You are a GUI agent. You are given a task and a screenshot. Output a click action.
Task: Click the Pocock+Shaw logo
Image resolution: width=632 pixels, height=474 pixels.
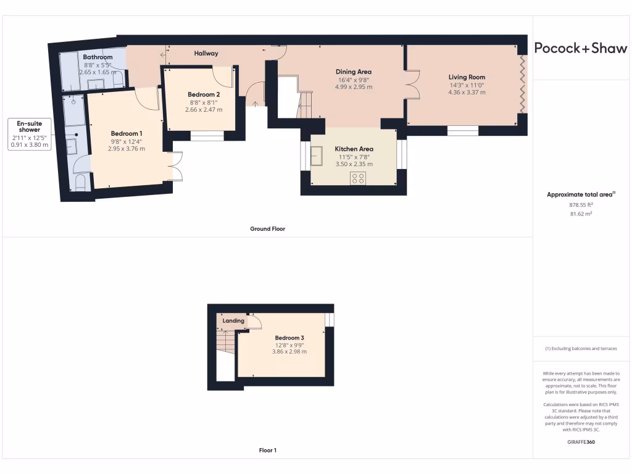pos(580,49)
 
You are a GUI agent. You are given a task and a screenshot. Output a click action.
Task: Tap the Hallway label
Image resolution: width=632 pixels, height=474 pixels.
pos(206,54)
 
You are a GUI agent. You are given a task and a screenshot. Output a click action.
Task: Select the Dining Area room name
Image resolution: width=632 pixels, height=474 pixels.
pos(354,72)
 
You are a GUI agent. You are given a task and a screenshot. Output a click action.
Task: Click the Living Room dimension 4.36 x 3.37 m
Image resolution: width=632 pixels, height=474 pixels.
pos(467,93)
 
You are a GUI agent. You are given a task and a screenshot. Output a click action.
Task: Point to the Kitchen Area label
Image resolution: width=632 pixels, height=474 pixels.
pos(354,149)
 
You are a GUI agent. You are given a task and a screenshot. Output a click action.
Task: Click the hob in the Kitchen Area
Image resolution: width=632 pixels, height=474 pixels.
pos(357,178)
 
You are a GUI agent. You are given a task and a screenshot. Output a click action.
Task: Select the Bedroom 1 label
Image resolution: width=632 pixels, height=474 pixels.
pos(127,133)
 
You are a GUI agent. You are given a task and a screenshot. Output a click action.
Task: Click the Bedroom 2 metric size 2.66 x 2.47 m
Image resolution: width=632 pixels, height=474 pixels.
pos(204,110)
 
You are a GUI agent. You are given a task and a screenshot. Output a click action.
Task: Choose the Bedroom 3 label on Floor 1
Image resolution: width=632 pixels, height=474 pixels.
pos(289,338)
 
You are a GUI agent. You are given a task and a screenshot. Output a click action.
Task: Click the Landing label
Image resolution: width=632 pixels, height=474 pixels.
pos(233,321)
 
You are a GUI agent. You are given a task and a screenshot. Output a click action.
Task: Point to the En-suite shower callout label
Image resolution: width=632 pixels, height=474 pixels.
pos(29,127)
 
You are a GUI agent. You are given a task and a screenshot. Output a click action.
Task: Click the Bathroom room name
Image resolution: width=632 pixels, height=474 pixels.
pos(98,57)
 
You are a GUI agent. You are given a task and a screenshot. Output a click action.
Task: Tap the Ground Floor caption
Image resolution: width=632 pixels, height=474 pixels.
pos(267,229)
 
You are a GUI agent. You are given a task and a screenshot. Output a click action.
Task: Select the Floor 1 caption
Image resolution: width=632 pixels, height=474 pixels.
pos(267,451)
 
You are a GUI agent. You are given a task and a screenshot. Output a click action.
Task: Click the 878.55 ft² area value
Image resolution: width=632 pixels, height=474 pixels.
pos(580,204)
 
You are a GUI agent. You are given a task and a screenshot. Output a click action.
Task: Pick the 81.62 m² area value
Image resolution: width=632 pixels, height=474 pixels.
pos(580,214)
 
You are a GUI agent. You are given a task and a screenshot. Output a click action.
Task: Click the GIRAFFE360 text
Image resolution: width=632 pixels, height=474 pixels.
pos(580,443)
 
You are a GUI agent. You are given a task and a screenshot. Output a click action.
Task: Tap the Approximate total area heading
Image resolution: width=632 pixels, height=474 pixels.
pos(580,194)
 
